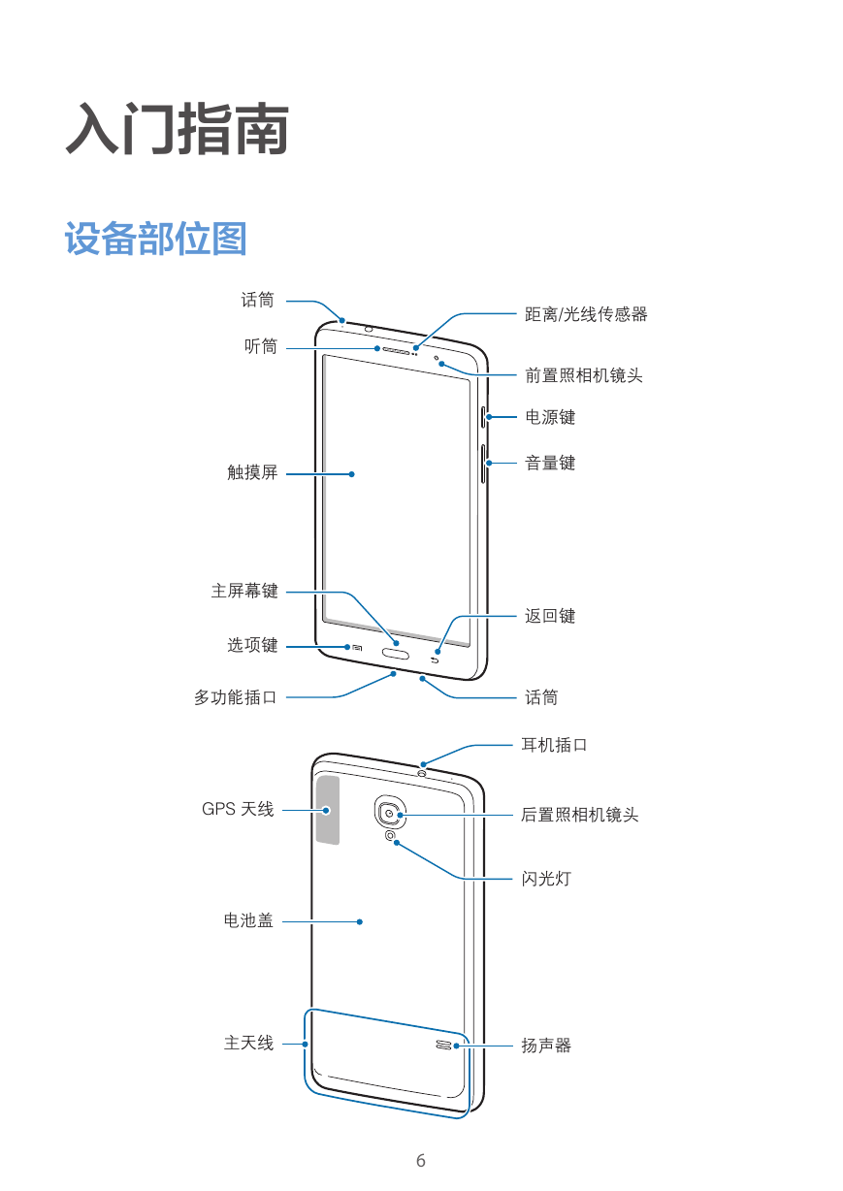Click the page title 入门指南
(178, 129)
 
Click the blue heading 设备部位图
(156, 239)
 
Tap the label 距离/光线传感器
(586, 314)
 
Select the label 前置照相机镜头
(584, 375)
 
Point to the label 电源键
(550, 417)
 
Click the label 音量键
(550, 463)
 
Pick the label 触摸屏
(252, 472)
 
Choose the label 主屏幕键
(244, 591)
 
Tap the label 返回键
(550, 616)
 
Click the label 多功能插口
(236, 697)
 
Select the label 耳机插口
(554, 745)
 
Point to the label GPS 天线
(238, 809)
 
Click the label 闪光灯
(546, 879)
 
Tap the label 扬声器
(546, 1046)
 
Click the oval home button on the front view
(396, 653)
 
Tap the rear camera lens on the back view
(390, 813)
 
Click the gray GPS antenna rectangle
(328, 810)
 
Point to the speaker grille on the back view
(443, 1045)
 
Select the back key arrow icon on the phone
(435, 660)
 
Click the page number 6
(421, 1160)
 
